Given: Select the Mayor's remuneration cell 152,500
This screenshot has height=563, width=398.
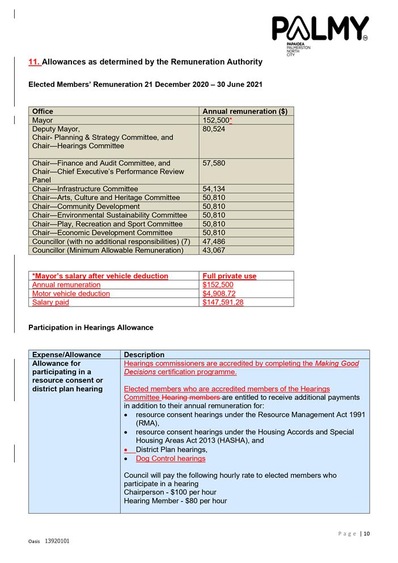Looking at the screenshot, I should click(x=217, y=120).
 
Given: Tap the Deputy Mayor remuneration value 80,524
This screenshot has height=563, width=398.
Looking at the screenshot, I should click(x=214, y=129).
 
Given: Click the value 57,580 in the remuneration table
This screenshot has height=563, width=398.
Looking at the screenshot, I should click(x=214, y=163).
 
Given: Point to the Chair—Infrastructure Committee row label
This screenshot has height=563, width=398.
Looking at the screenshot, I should click(x=85, y=189).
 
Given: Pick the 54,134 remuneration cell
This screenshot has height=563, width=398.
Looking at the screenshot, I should click(x=214, y=189).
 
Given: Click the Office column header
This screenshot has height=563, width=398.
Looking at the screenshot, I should click(x=43, y=111).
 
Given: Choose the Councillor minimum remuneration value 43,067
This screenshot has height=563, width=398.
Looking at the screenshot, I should click(x=214, y=250).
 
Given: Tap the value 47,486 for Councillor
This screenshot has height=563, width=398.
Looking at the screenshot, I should click(x=214, y=242).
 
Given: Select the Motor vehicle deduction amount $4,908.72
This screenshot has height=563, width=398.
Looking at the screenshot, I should click(x=219, y=293).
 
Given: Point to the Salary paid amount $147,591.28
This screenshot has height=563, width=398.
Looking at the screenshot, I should click(x=223, y=302).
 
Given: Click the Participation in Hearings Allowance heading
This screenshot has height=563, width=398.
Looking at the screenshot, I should click(x=91, y=327).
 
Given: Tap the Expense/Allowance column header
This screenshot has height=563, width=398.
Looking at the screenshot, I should click(x=66, y=355).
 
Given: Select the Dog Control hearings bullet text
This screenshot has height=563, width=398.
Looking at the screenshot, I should click(x=171, y=459).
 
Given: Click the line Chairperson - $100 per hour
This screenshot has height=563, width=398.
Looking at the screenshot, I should click(x=170, y=492).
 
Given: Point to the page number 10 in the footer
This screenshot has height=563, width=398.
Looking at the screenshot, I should click(x=366, y=533).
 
